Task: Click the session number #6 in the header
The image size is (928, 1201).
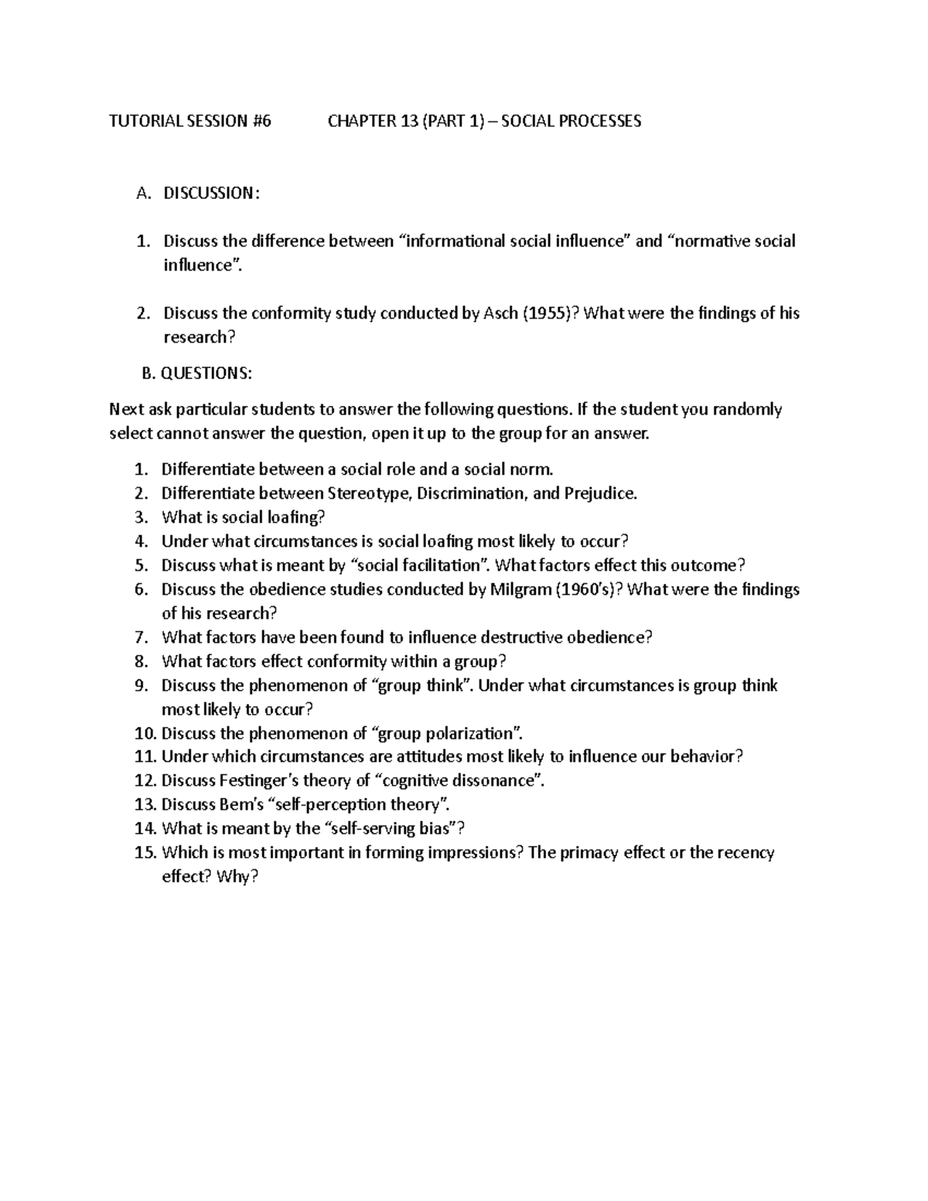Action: [261, 121]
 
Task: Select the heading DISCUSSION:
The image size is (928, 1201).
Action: [211, 193]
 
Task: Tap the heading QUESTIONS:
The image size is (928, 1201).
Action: [206, 374]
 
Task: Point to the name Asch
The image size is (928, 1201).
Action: [500, 313]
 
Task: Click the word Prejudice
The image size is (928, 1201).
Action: [600, 493]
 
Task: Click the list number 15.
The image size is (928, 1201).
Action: [145, 853]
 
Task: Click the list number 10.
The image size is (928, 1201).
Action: [145, 733]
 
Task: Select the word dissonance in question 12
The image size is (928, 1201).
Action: [497, 780]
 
